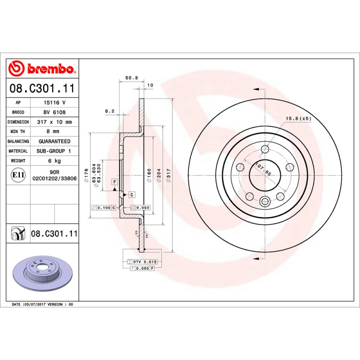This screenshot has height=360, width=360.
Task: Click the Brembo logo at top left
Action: tap(41, 68)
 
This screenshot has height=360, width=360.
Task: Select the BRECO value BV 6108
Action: tap(54, 112)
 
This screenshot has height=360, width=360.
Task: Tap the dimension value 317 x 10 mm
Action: tap(54, 122)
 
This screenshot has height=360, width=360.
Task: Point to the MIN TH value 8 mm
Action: tap(54, 131)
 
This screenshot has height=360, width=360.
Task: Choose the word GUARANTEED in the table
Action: tap(54, 141)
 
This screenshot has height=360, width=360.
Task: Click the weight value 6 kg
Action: tap(54, 161)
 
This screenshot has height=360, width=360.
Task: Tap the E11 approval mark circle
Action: tap(18, 175)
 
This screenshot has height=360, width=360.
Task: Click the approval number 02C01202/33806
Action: tap(54, 178)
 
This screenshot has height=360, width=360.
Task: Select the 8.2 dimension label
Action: tap(110, 110)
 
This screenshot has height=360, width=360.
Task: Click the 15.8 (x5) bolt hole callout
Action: tap(298, 118)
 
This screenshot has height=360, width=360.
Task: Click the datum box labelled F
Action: tap(115, 181)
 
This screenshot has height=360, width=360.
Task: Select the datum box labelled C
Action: tap(132, 194)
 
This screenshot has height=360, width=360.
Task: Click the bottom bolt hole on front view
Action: tap(265, 201)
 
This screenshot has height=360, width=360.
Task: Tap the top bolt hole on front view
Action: tap(265, 149)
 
